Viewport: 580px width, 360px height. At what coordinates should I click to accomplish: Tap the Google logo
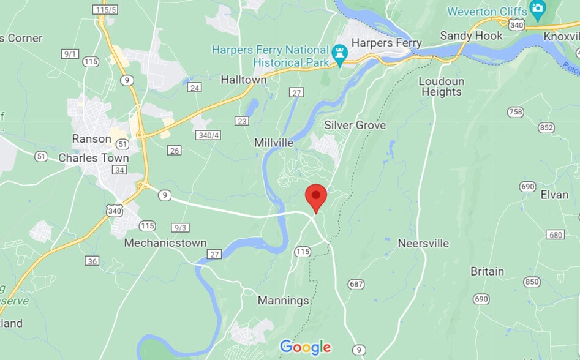click(305, 347)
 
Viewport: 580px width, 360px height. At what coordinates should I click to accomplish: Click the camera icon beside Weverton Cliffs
click(538, 9)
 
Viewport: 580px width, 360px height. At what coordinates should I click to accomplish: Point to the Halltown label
click(244, 80)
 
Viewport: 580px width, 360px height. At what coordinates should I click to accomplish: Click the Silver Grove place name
click(355, 125)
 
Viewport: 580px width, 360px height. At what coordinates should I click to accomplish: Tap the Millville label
click(274, 143)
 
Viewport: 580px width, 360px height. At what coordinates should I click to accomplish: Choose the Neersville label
click(423, 243)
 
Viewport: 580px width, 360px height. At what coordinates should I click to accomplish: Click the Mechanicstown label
click(165, 243)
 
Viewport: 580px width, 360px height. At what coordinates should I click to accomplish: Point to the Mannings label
click(283, 301)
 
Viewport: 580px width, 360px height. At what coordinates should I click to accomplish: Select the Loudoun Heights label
click(442, 86)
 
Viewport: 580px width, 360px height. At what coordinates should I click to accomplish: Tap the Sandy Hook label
click(472, 36)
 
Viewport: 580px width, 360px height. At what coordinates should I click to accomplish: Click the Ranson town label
click(92, 138)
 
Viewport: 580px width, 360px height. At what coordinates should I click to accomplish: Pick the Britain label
click(487, 271)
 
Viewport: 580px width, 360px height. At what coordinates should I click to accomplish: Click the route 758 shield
click(516, 111)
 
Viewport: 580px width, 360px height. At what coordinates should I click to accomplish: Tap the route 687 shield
click(356, 284)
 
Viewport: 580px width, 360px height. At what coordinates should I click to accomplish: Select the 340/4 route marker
click(208, 134)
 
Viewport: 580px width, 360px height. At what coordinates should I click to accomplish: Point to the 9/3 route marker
click(181, 227)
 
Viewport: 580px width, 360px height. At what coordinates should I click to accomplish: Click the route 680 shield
click(556, 234)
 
